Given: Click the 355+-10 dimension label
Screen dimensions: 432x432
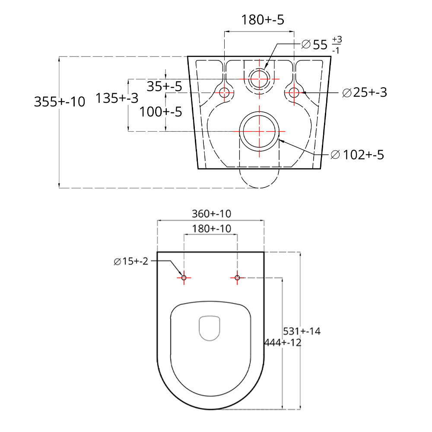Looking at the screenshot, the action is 60,102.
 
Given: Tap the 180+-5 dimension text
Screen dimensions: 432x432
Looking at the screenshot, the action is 263,20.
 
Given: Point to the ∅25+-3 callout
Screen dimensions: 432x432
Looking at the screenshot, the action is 365,92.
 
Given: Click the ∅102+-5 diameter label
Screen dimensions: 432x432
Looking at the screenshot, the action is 357,155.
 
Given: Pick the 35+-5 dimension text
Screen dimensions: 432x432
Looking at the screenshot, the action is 164,86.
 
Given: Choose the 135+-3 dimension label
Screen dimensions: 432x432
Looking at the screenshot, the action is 117,98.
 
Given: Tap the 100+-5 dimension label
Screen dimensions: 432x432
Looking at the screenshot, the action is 161,112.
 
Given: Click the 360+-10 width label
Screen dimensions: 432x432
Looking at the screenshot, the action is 211,214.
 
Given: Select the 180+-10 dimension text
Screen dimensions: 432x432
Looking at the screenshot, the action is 211,229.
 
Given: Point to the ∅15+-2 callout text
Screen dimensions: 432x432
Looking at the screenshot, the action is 131,261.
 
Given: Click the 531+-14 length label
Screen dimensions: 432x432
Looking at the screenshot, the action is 302,331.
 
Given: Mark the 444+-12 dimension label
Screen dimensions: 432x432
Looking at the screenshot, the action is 283,343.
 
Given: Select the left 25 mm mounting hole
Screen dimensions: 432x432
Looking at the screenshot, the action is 225,88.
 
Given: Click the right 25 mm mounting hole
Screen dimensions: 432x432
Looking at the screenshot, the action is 294,88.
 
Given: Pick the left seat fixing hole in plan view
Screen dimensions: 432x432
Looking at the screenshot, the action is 184,277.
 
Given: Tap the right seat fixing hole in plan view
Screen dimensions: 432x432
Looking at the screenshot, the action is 237,277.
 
